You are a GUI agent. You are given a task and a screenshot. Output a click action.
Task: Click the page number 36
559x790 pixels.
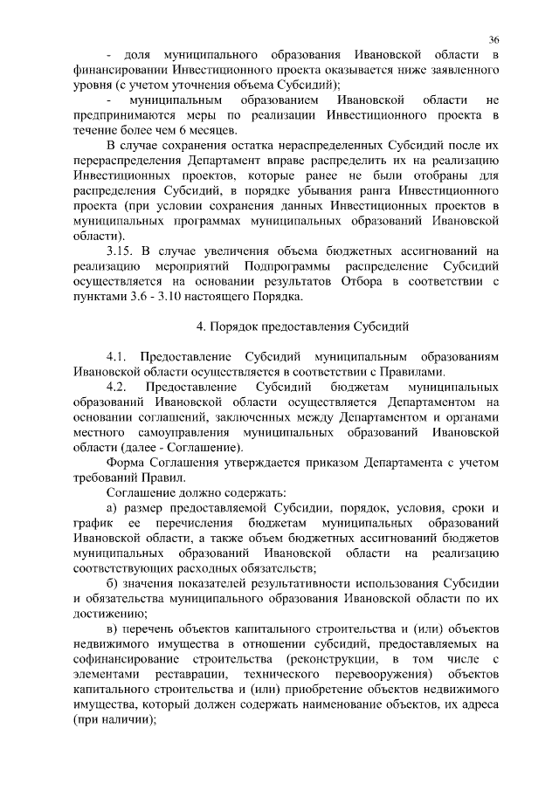493,40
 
